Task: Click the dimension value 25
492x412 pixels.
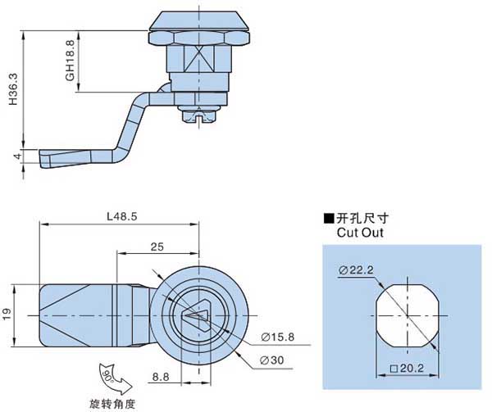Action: pyautogui.click(x=159, y=247)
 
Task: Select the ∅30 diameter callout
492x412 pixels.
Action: pyautogui.click(x=272, y=361)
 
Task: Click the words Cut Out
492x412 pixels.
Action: pyautogui.click(x=360, y=233)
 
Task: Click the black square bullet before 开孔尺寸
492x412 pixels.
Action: pyautogui.click(x=329, y=218)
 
